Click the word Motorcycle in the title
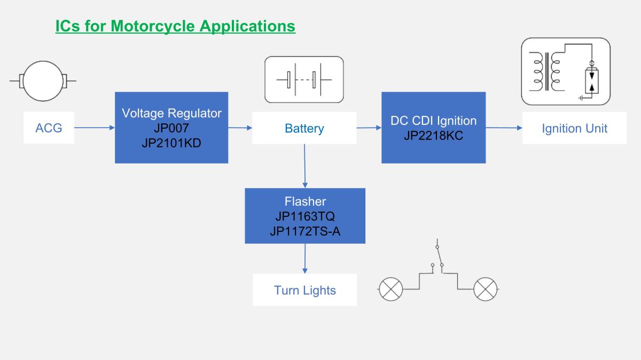(153, 26)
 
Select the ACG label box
(49, 128)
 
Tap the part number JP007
(171, 128)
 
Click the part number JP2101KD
(171, 143)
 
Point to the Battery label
(304, 128)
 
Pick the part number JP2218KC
(433, 135)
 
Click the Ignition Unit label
(574, 128)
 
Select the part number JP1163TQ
(305, 216)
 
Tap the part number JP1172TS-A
(305, 231)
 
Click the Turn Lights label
(305, 290)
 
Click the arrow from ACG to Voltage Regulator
(95, 128)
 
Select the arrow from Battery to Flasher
(305, 166)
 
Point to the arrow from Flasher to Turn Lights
(305, 259)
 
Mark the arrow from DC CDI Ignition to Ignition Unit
(504, 128)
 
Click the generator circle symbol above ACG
(43, 81)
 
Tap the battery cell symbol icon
(304, 80)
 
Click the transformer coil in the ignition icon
(546, 72)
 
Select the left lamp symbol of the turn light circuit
(390, 289)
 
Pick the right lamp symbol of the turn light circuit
(486, 289)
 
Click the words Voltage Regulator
(171, 113)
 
